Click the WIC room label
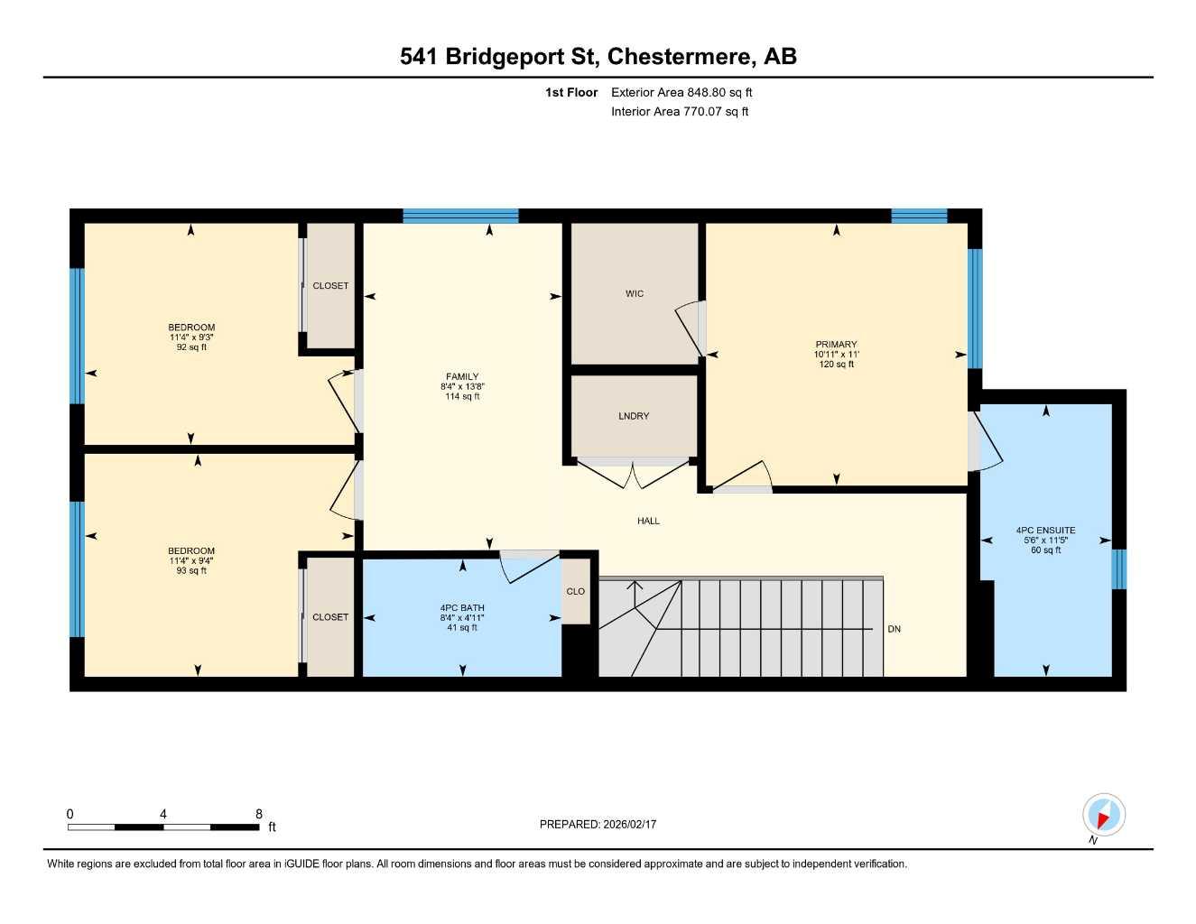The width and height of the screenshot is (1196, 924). click(x=635, y=293)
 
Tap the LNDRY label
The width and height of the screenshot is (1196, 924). click(x=634, y=416)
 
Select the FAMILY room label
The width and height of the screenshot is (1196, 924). click(x=462, y=377)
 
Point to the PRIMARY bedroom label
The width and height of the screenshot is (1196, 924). click(x=836, y=345)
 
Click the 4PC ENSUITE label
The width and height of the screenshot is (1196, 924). click(x=1045, y=531)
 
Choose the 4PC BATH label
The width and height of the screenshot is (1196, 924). click(x=462, y=608)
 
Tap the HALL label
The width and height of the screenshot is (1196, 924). click(x=648, y=521)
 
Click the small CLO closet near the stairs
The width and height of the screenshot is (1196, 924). click(x=576, y=592)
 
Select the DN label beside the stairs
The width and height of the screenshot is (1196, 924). click(x=894, y=629)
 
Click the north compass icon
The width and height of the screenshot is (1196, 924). click(x=1103, y=816)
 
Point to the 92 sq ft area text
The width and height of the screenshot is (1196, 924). click(x=191, y=347)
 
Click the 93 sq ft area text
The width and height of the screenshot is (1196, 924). click(x=191, y=570)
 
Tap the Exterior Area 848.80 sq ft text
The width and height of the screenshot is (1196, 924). click(x=681, y=92)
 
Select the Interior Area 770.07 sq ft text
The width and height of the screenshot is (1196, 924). click(x=680, y=112)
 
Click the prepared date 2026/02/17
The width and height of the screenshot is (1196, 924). click(x=631, y=824)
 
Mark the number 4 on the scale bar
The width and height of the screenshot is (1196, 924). click(x=163, y=814)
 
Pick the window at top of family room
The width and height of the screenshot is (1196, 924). click(x=460, y=216)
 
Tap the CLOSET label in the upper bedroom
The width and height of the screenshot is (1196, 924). click(x=330, y=286)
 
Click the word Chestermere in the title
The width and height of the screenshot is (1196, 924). click(x=681, y=57)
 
